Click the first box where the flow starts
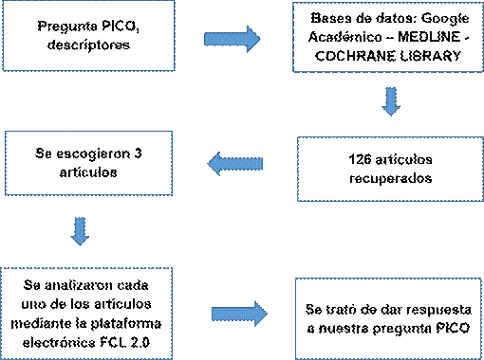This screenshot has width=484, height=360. tap(88, 35)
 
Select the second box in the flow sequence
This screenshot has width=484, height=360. tap(387, 37)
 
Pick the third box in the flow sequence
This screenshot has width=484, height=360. tap(390, 169)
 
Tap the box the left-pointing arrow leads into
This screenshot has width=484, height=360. tap(88, 163)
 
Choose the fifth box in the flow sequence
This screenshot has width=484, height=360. tap(86, 313)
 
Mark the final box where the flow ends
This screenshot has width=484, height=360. tap(387, 318)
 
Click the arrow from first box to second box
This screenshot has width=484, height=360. tap(233, 39)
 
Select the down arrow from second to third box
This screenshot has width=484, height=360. tap(390, 101)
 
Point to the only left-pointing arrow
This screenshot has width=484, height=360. tap(235, 164)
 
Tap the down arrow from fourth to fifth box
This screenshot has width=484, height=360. tap(80, 231)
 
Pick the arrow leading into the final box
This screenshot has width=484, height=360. tap(239, 314)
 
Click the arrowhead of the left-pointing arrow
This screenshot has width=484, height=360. tap(215, 164)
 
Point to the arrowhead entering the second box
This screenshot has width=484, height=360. tap(253, 39)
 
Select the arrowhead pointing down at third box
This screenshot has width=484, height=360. tap(390, 109)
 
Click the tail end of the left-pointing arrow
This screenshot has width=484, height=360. tap(260, 164)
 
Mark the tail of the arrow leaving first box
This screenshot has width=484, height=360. tap(208, 39)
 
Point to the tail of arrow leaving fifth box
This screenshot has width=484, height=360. tap(215, 314)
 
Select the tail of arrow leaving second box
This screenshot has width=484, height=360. tap(390, 91)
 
